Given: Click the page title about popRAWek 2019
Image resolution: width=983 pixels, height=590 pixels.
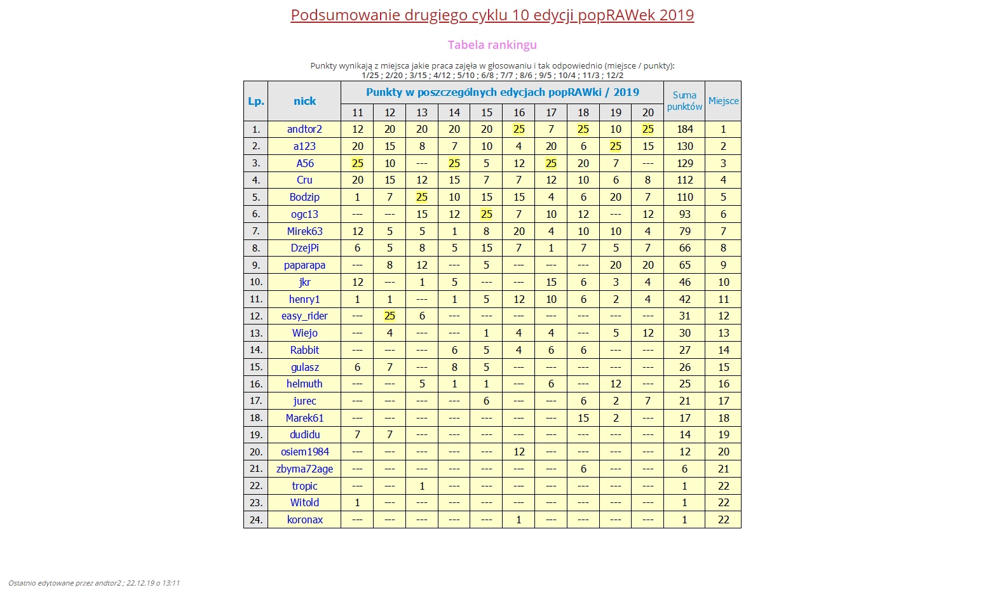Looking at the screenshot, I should [492, 15].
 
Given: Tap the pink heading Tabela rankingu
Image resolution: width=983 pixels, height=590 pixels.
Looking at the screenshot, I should [492, 45].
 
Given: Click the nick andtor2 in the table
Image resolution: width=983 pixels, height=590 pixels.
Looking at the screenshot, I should [304, 129].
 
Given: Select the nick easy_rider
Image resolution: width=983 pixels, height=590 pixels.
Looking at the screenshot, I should [304, 316].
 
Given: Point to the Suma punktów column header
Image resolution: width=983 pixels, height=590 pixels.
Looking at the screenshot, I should [684, 101].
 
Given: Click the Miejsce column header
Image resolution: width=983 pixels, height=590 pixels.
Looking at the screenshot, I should [723, 101].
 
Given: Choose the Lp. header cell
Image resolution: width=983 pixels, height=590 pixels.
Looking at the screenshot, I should [255, 101].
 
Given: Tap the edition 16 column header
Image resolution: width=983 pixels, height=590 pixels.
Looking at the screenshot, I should [519, 112].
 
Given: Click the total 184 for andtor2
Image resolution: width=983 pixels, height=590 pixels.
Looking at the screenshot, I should [684, 129].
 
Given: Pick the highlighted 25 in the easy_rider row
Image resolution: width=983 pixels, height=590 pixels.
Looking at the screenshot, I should [390, 316].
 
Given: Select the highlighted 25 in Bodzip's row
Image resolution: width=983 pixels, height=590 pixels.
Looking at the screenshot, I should [422, 197].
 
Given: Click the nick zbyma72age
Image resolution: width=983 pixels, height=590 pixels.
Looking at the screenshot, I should [304, 469].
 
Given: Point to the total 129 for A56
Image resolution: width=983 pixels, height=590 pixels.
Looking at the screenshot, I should [684, 163].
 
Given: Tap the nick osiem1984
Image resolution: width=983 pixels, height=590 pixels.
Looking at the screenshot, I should [304, 452].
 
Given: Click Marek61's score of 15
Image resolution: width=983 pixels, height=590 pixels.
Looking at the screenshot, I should [583, 418].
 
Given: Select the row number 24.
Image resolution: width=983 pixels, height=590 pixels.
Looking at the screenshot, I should [255, 520].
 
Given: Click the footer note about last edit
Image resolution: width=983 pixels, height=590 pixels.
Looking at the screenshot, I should [94, 582].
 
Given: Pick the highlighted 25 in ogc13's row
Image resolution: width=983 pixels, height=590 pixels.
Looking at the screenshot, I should [486, 214].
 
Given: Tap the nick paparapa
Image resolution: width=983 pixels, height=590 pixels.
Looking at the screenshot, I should [304, 265].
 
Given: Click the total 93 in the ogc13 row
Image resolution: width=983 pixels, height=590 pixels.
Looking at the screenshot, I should [684, 214].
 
